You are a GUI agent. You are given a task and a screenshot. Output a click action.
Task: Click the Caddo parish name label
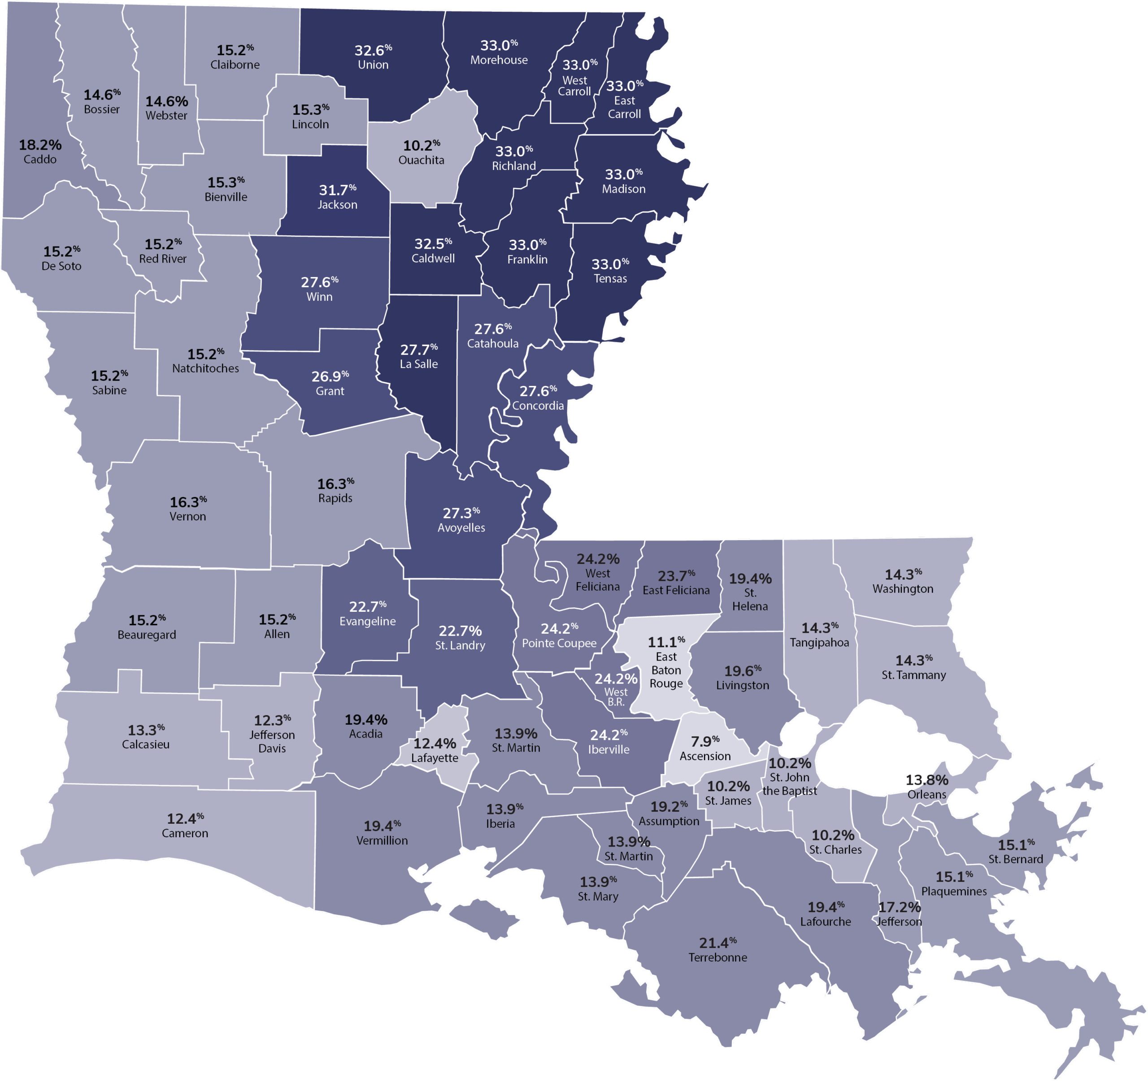40,159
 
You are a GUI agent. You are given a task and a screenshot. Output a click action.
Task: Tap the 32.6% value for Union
373,50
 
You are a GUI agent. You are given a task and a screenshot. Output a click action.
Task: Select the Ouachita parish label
421,160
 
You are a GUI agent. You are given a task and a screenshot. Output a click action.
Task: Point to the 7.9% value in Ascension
704,741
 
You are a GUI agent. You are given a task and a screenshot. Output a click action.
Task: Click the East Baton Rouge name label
666,670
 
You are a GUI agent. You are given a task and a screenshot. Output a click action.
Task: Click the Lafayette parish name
434,758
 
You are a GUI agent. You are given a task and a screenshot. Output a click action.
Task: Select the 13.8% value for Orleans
926,780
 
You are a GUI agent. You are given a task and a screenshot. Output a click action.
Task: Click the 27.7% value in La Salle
419,350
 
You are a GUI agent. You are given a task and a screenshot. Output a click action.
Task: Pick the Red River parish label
162,259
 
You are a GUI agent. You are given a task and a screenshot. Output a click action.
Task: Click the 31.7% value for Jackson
337,190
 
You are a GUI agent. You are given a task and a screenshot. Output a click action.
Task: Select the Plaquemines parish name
953,891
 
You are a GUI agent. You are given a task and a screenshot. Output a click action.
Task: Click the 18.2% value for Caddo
40,145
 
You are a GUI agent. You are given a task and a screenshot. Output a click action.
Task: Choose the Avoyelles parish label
461,528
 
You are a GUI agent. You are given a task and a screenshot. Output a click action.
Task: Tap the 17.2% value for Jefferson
899,907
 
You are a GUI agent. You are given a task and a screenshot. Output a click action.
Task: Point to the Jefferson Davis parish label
272,742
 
